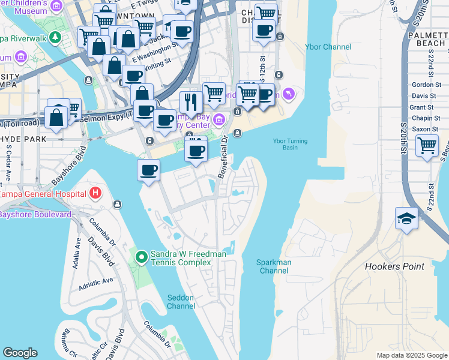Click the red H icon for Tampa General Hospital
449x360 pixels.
click(x=95, y=193)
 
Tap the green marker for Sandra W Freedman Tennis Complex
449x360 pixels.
click(x=142, y=257)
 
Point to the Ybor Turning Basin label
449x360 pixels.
click(x=290, y=145)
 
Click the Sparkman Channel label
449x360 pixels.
click(x=274, y=266)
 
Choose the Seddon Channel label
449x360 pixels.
click(x=181, y=301)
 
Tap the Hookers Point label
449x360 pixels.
click(x=394, y=266)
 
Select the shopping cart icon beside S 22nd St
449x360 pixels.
click(x=427, y=145)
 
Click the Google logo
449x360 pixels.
click(x=20, y=353)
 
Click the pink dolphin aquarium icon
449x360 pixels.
click(x=289, y=94)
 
